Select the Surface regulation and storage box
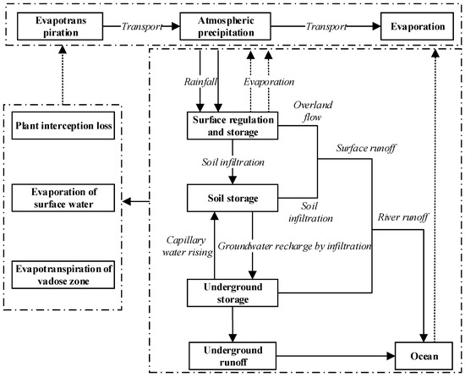(x=232, y=127)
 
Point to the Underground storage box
(x=232, y=292)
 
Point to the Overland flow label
(x=312, y=113)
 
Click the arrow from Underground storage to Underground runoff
(x=232, y=325)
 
